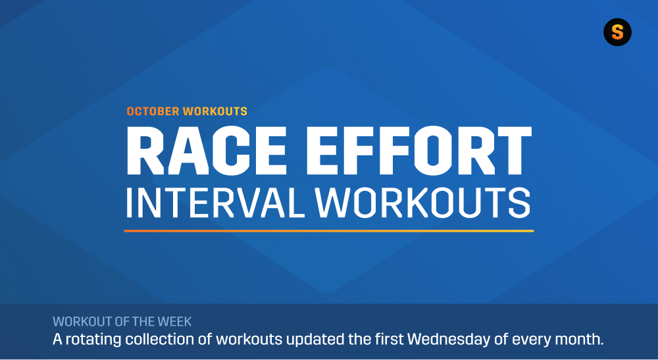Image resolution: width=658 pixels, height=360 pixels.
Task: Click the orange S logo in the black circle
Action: (x=617, y=32)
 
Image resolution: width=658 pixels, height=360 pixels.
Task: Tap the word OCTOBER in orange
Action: (x=153, y=111)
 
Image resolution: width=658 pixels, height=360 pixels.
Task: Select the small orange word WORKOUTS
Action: (x=215, y=111)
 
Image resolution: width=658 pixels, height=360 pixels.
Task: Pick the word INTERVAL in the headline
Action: (x=215, y=202)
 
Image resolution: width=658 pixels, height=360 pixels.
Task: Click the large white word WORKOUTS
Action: (x=422, y=202)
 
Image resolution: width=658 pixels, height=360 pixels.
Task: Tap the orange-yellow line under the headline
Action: (x=328, y=231)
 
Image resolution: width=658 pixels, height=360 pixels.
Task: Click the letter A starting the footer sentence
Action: (x=57, y=339)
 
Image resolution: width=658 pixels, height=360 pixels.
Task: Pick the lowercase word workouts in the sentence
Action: (x=249, y=339)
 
